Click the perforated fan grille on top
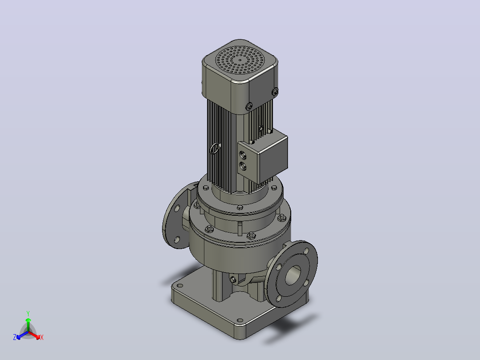tap(240, 60)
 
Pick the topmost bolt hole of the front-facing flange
tap(306, 251)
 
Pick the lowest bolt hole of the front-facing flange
tap(279, 298)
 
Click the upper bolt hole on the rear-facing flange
tap(177, 209)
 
